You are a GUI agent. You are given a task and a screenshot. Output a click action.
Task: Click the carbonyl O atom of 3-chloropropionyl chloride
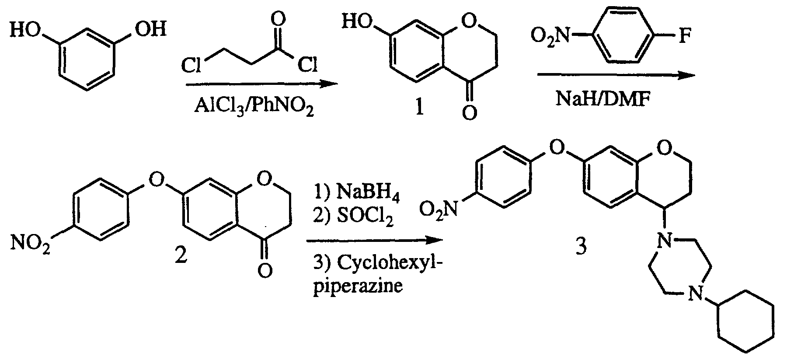click(278, 19)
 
